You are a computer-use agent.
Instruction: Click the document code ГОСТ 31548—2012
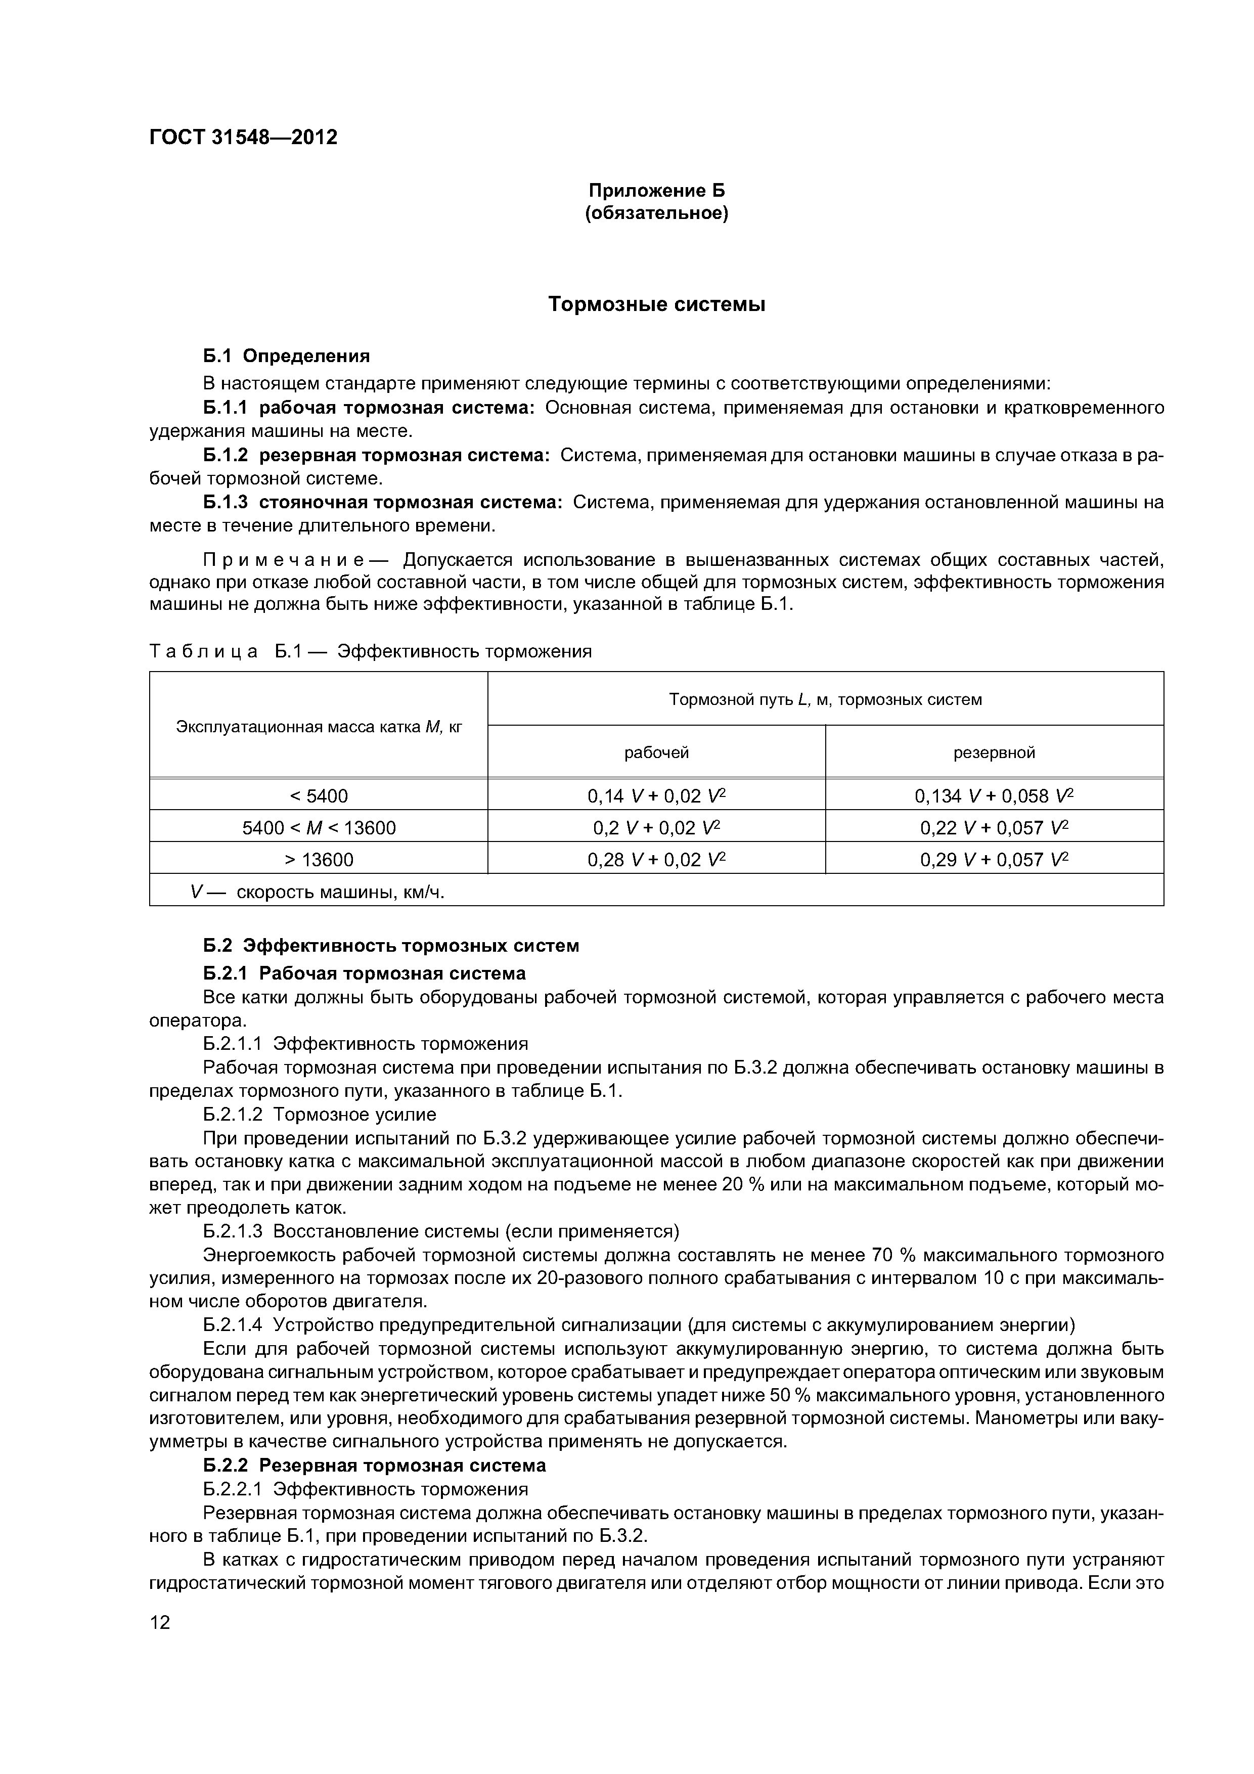243,138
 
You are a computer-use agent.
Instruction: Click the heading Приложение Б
657,190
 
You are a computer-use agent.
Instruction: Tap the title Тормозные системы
657,304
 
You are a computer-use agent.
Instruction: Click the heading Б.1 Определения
287,356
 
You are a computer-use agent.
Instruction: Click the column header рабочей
657,752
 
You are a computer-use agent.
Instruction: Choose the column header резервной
995,752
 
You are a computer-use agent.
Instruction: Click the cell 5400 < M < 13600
319,827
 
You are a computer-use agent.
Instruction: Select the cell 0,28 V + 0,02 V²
657,859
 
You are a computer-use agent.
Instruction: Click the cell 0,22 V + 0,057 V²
995,827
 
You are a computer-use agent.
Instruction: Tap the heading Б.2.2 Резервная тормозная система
374,1465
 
